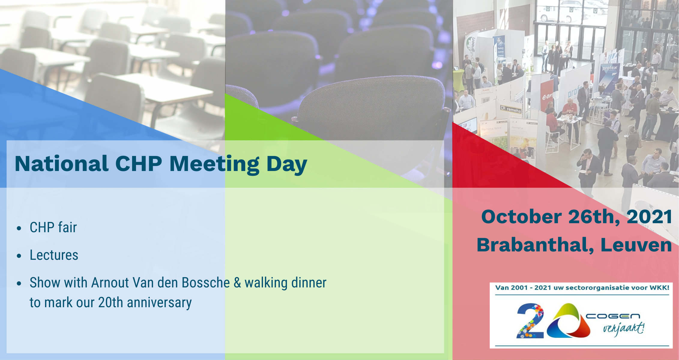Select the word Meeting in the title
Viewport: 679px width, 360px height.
coord(214,164)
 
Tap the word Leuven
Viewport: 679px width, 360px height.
coord(636,245)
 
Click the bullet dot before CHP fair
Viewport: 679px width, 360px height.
coord(19,228)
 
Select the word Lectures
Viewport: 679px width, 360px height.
coord(54,255)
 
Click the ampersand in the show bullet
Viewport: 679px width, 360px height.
coord(237,283)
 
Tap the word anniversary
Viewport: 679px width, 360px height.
coord(159,303)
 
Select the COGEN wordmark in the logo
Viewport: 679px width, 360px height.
coord(613,316)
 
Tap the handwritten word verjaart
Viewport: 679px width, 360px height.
coord(623,328)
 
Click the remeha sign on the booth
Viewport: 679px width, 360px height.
coord(511,109)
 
